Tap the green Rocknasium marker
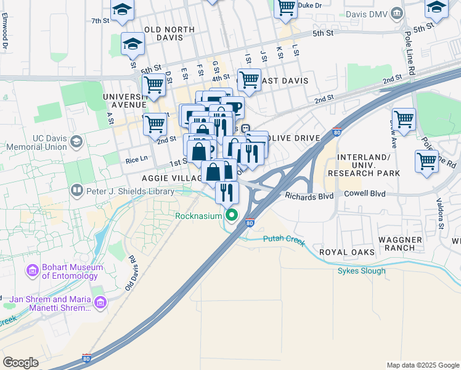point(232,215)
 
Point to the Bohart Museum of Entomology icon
point(32,270)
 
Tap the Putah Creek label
point(284,240)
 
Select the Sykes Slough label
point(362,271)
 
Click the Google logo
point(21,362)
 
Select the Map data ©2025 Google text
point(422,365)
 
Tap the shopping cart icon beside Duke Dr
point(286,7)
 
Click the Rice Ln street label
point(136,160)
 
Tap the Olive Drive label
point(292,138)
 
